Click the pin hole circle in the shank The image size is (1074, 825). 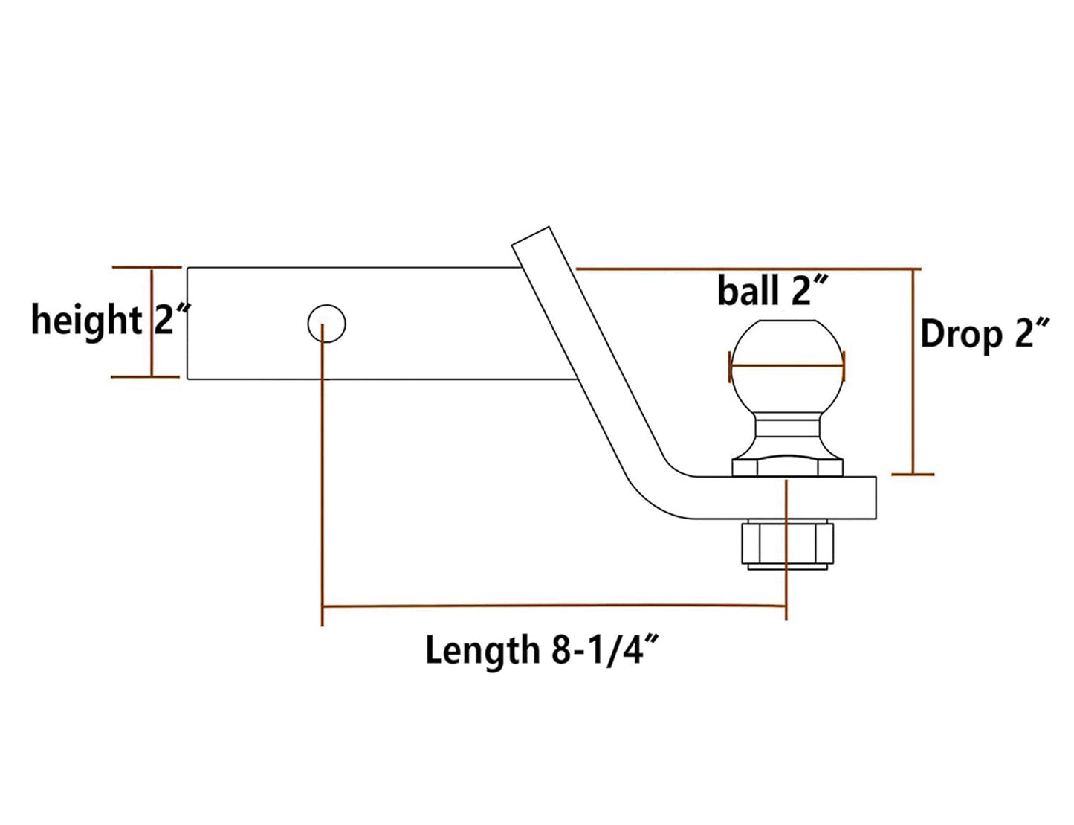pos(327,324)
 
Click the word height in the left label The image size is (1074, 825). pos(86,320)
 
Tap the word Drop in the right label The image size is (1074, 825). pos(961,335)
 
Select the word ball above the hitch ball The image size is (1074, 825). pos(748,291)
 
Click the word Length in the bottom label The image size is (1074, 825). pos(482,650)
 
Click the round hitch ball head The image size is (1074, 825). pos(788,350)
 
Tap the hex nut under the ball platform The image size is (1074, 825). pos(788,544)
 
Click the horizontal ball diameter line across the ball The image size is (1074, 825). pos(788,366)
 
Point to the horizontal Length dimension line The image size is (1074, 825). pos(554,606)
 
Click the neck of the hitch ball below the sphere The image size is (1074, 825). pos(788,431)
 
